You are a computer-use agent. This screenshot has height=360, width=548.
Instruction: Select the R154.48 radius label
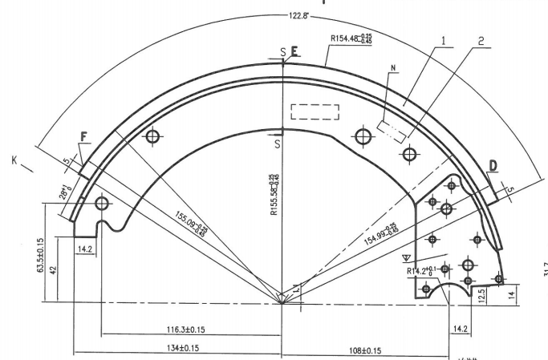pos(356,37)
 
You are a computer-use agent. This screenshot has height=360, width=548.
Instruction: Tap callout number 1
pos(443,38)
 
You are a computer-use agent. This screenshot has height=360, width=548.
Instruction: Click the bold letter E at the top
pos(294,52)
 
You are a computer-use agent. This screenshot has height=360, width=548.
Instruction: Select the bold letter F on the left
pos(83,137)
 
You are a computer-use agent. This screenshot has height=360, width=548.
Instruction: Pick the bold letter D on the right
pos(493,166)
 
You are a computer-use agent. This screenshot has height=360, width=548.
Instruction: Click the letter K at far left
pos(14,160)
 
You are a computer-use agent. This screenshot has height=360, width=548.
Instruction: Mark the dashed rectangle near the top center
pos(315,112)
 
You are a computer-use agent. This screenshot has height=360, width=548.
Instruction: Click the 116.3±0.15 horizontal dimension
pos(186,330)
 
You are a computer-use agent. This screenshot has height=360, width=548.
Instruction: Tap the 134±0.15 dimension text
pos(183,348)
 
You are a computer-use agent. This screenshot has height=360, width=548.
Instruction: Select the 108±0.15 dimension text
pos(364,350)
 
